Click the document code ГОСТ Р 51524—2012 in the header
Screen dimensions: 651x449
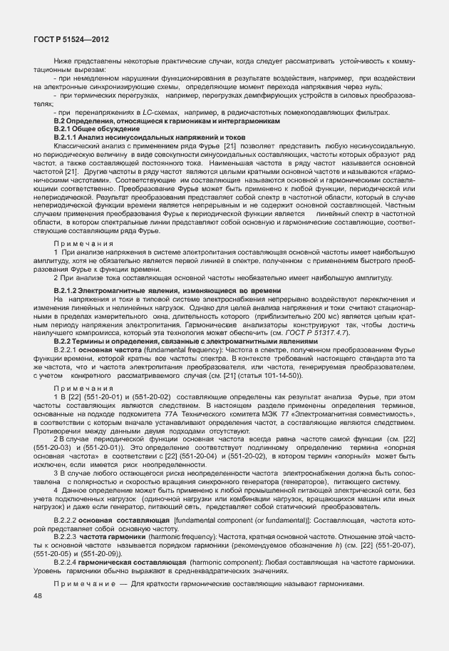click(x=66, y=42)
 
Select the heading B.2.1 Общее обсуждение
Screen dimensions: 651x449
click(x=99, y=129)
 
